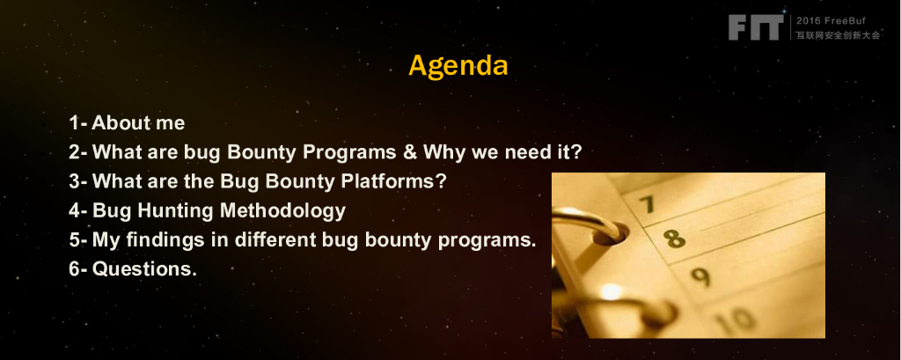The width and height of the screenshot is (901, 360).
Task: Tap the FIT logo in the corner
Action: click(756, 27)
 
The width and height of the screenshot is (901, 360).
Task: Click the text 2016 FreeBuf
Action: click(830, 21)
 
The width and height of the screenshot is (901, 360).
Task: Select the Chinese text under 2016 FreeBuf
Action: click(838, 35)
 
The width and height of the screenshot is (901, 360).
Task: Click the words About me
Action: click(138, 122)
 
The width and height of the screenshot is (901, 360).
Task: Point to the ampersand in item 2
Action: click(409, 151)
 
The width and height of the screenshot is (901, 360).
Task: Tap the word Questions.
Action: click(144, 268)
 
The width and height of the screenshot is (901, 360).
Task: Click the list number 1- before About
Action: click(78, 122)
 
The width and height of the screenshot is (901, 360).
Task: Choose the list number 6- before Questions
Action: click(77, 268)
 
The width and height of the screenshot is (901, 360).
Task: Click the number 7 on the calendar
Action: click(647, 203)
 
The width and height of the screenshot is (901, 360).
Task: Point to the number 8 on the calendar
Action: click(675, 238)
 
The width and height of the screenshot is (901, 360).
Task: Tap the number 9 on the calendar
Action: click(700, 276)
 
